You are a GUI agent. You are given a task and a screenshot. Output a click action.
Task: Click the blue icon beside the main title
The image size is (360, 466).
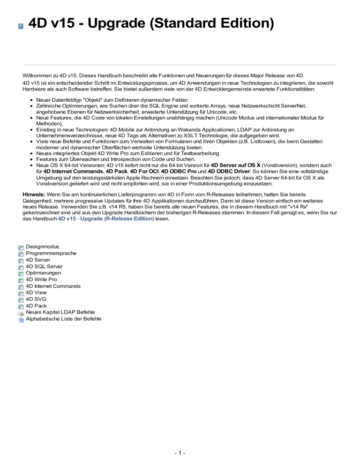(21, 27)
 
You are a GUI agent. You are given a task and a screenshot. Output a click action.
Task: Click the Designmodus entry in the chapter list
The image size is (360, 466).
(42, 247)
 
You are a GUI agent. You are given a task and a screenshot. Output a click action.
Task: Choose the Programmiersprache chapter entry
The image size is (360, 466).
(51, 253)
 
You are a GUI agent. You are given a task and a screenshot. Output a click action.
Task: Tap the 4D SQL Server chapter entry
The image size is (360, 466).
(44, 266)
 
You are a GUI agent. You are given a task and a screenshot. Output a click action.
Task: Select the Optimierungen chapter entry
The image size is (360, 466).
(43, 273)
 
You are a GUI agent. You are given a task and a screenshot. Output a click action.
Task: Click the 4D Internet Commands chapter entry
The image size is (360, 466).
(53, 286)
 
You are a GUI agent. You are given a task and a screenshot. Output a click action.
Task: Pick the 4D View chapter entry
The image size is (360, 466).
(37, 293)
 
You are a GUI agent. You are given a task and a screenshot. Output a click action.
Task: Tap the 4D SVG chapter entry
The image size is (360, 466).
(36, 299)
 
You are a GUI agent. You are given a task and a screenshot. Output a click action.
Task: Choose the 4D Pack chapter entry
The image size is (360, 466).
(37, 306)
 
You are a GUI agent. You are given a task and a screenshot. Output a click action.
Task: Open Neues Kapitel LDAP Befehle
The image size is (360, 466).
(60, 312)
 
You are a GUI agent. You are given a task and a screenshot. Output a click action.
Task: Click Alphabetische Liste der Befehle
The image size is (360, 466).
(63, 319)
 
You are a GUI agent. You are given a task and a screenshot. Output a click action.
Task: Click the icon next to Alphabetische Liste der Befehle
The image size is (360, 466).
(21, 319)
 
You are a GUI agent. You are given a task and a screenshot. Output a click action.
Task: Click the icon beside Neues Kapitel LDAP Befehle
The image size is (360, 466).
(21, 312)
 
